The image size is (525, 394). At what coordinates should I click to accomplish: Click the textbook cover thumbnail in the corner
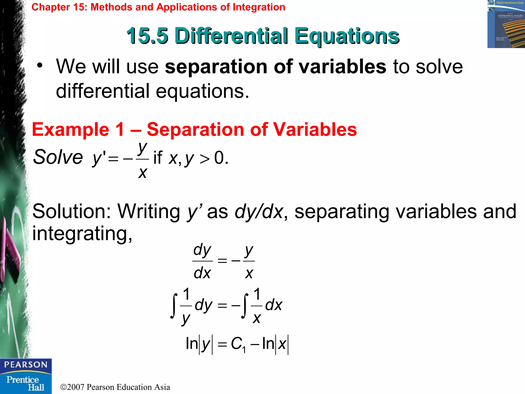coord(506,24)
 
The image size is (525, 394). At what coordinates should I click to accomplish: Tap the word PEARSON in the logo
coord(26,365)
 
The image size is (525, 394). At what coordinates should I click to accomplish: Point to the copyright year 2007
coord(76,387)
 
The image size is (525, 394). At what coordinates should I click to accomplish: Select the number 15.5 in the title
coord(147,36)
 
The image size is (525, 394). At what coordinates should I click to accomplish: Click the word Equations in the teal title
coord(347,36)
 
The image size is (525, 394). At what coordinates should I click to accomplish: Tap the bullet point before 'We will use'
coord(39,65)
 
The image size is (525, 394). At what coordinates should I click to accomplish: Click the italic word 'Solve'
coord(58,157)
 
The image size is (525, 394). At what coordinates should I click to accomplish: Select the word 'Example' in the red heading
coord(70,129)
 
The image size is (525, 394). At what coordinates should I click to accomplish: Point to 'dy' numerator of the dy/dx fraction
coord(202,250)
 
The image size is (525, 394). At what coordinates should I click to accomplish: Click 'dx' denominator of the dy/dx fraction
coord(202,273)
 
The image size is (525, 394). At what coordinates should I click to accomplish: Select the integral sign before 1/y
coord(174,306)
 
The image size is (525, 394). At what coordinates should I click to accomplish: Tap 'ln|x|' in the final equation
coord(275,344)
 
